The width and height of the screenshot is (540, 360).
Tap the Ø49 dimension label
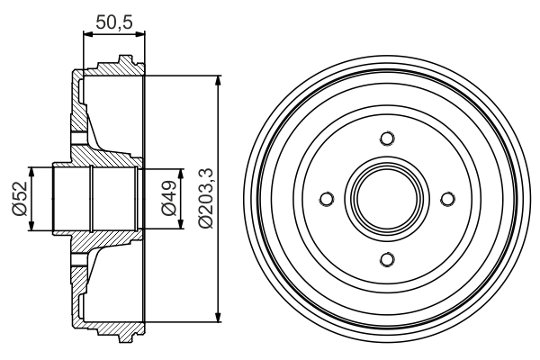(x=168, y=198)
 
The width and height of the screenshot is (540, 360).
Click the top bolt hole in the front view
(x=387, y=138)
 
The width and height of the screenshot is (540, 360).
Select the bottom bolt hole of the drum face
(x=387, y=259)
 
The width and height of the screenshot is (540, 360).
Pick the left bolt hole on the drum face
(x=327, y=198)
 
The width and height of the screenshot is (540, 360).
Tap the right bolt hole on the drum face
(x=447, y=198)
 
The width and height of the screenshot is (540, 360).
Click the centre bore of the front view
(x=387, y=198)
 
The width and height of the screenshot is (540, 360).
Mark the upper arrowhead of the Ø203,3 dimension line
(x=219, y=81)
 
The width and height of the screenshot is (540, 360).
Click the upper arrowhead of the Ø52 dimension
(x=33, y=171)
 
